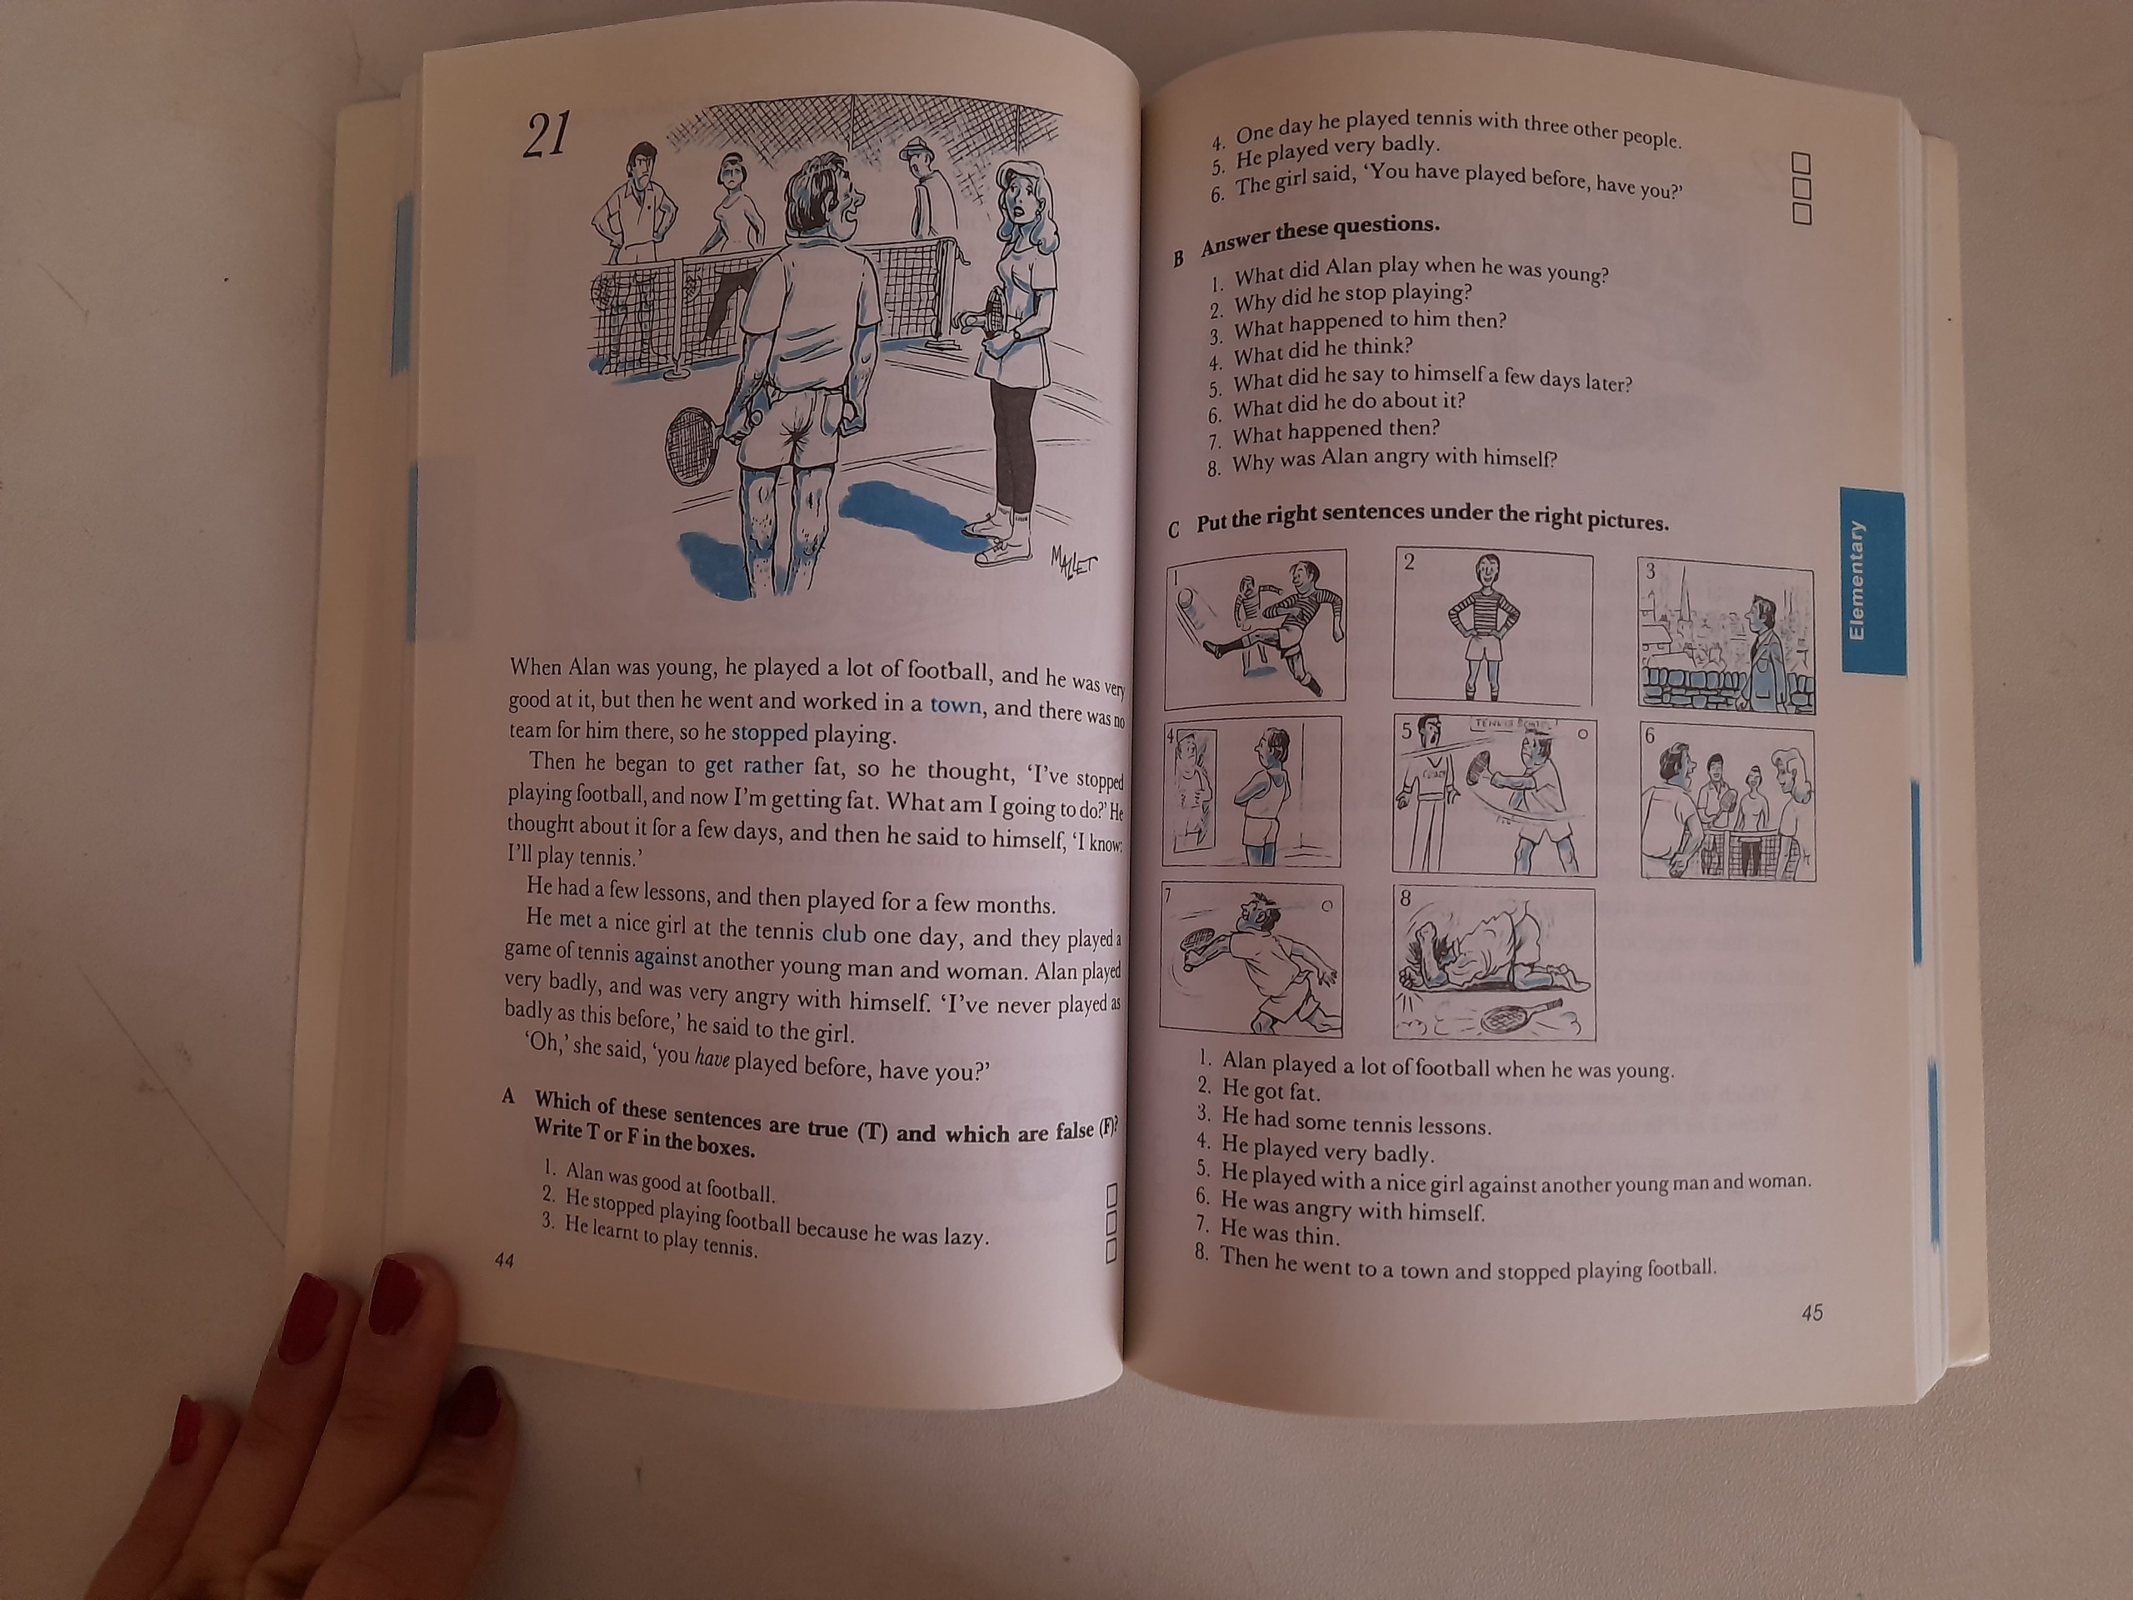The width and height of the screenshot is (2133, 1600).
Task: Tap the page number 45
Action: click(x=1812, y=1312)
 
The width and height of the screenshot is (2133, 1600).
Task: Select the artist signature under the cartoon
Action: click(x=1073, y=559)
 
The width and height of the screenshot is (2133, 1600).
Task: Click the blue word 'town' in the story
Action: click(x=956, y=705)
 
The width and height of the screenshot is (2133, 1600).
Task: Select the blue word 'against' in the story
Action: click(x=666, y=957)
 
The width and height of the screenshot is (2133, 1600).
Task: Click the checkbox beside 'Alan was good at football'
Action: click(x=1111, y=1196)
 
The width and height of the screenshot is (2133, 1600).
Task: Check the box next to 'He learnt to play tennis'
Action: click(x=1110, y=1251)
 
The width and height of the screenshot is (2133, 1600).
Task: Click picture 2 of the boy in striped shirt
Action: click(x=1493, y=625)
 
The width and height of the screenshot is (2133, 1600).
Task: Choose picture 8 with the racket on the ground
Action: click(x=1494, y=963)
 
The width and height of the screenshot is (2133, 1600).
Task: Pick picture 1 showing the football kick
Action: click(x=1256, y=629)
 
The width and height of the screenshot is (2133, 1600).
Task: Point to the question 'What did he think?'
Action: click(x=1323, y=349)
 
